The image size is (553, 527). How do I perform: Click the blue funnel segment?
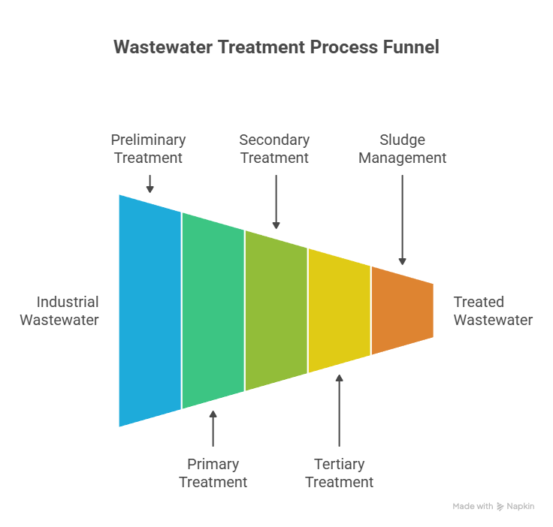150,310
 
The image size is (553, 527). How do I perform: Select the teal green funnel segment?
213,310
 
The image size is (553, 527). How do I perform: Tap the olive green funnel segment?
276,310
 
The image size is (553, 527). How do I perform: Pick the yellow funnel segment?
340,310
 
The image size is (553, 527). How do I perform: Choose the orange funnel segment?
403,310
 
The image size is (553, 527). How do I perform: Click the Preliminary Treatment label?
148,149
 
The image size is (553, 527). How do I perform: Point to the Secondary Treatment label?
274,149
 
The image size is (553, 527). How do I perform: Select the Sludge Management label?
402,149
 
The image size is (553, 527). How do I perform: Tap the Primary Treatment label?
213,473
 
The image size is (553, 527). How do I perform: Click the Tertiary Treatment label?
339,473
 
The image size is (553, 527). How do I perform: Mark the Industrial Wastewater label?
59,311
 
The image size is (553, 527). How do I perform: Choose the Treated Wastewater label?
493,311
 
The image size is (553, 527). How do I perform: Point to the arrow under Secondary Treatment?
276,203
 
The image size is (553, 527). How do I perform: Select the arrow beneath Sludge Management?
402,221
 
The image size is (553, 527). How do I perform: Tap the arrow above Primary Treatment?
213,429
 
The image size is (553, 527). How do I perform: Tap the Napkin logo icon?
500,507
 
